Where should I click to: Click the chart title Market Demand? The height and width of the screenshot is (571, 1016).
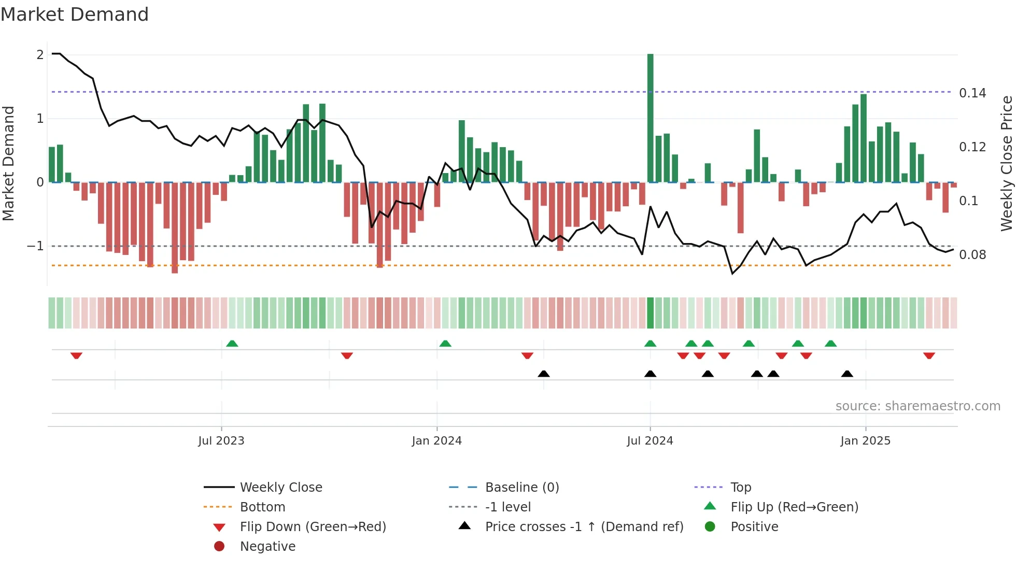coord(75,15)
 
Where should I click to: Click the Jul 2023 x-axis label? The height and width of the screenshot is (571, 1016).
coord(221,441)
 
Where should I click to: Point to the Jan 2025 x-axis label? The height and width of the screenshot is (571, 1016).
coord(865,441)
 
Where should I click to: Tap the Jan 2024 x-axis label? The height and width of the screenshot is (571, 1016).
coord(436,441)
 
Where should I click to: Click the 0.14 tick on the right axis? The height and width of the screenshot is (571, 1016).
coord(972,93)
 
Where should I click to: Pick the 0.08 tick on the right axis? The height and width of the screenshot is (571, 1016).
coord(972,255)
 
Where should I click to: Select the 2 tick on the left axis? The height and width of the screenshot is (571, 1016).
coord(40,55)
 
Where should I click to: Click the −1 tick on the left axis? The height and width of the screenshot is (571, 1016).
coord(36,246)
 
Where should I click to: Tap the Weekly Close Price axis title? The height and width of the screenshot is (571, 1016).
coord(1006,163)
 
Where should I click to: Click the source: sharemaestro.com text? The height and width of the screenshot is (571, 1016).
coord(918,406)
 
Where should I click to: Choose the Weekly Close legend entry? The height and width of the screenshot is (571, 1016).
coord(281,488)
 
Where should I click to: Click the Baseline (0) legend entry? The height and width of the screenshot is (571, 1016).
coord(521,488)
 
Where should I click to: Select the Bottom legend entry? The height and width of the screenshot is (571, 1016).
coord(262,507)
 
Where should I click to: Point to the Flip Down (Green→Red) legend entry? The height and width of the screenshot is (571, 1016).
coord(313,527)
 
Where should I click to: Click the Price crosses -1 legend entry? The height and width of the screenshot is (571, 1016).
coord(584,527)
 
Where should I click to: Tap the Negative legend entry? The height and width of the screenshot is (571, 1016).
coord(267,547)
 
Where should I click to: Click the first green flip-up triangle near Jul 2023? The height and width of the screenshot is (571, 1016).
coord(232,344)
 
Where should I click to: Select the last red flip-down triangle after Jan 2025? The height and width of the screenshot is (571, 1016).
coord(929,355)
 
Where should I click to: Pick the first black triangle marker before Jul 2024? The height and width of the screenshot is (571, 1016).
coord(544,374)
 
